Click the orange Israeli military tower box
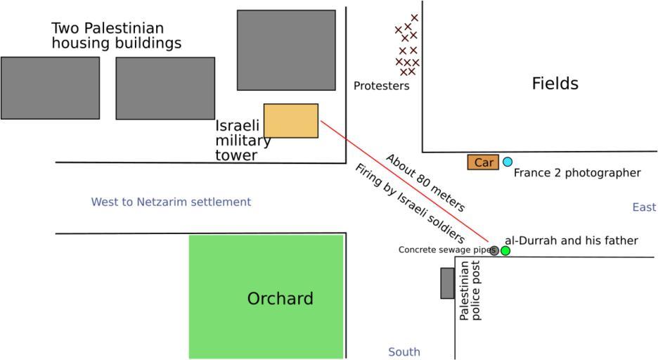pyautogui.click(x=290, y=120)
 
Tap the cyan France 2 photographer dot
pyautogui.click(x=508, y=162)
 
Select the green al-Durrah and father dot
pyautogui.click(x=505, y=250)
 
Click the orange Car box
pyautogui.click(x=483, y=162)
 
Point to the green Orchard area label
pyautogui.click(x=280, y=299)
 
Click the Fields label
pyautogui.click(x=555, y=84)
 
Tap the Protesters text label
pyautogui.click(x=381, y=86)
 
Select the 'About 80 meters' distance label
pyautogui.click(x=425, y=182)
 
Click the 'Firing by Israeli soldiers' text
pyautogui.click(x=409, y=203)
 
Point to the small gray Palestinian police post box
pyautogui.click(x=447, y=283)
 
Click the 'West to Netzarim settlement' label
pyautogui.click(x=171, y=202)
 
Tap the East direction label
pyautogui.click(x=644, y=207)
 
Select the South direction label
pyautogui.click(x=404, y=352)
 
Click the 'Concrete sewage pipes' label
pyautogui.click(x=444, y=250)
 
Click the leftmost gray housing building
pyautogui.click(x=50, y=88)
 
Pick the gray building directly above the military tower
pyautogui.click(x=286, y=50)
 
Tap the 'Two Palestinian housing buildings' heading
pyautogui.click(x=116, y=36)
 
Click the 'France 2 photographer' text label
pyautogui.click(x=577, y=173)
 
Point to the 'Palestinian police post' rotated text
pyautogui.click(x=470, y=290)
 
